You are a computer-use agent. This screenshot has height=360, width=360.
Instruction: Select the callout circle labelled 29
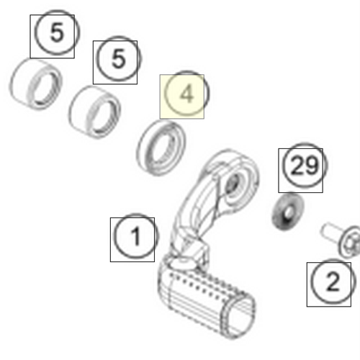pyautogui.click(x=305, y=166)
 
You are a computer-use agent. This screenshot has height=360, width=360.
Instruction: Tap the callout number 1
pyautogui.click(x=136, y=236)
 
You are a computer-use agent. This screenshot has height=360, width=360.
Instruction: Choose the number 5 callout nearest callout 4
pyautogui.click(x=119, y=59)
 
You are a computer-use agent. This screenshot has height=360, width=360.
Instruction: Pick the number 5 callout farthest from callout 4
pyautogui.click(x=57, y=32)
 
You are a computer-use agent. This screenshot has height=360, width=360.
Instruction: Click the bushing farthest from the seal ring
pyautogui.click(x=35, y=84)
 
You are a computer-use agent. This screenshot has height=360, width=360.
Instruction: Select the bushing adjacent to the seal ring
pyautogui.click(x=94, y=112)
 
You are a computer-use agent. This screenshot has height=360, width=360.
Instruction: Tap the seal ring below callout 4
pyautogui.click(x=161, y=148)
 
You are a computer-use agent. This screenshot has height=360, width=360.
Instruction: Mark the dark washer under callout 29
pyautogui.click(x=288, y=212)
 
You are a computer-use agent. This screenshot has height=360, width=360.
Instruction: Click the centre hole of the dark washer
pyautogui.click(x=289, y=212)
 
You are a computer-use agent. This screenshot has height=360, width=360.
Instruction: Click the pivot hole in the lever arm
pyautogui.click(x=233, y=183)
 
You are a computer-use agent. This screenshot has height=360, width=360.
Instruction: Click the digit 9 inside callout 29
pyautogui.click(x=312, y=166)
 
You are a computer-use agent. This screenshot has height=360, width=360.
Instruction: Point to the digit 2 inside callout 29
pyautogui.click(x=297, y=166)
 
